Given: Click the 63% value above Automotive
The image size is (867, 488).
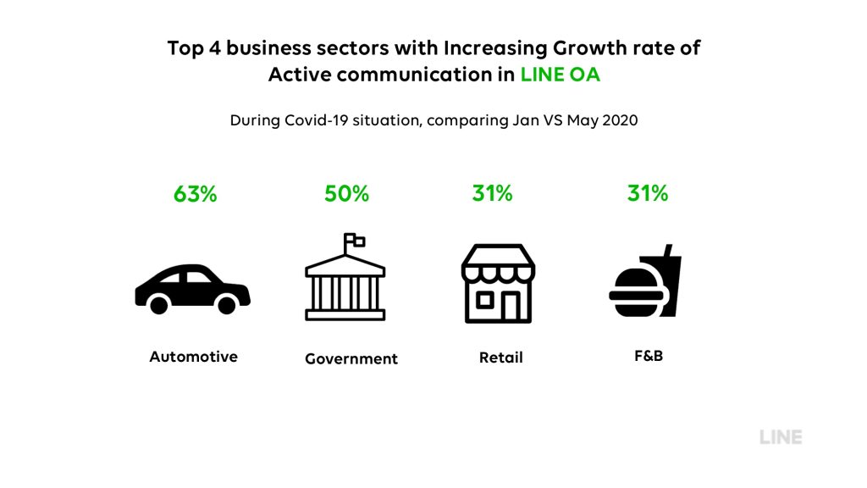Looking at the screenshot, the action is [196, 194].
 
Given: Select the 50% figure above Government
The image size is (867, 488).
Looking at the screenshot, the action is [346, 194].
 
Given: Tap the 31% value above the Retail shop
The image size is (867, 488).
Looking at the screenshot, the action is [492, 193].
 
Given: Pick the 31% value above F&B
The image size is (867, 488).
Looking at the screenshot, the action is [648, 193].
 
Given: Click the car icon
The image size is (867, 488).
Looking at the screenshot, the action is [192, 289].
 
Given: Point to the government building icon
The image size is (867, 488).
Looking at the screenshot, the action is [345, 277].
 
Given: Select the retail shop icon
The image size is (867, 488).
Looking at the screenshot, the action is [498, 283].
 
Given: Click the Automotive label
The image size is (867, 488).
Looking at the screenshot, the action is [194, 357].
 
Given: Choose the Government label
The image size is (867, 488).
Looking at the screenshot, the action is [351, 358].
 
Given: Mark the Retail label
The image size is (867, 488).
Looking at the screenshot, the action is [501, 358].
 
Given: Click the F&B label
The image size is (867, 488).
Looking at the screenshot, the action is [649, 356].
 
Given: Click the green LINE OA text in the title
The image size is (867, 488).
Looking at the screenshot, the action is [561, 75].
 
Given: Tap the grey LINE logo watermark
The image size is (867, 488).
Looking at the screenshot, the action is [781, 437].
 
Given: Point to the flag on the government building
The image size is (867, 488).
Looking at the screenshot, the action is [355, 240].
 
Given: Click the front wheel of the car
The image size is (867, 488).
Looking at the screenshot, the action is [226, 305].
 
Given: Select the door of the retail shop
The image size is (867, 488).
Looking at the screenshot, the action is [511, 306].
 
